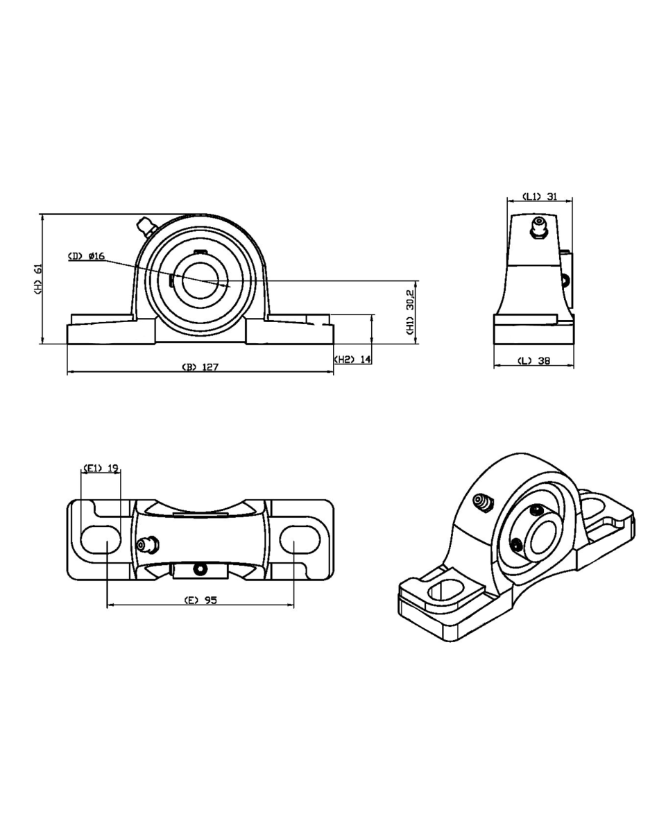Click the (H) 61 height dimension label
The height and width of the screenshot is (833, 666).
pyautogui.click(x=39, y=278)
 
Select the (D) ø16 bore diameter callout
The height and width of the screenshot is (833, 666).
pyautogui.click(x=86, y=256)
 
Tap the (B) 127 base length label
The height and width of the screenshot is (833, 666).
pyautogui.click(x=200, y=367)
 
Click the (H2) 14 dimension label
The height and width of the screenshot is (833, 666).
pyautogui.click(x=353, y=360)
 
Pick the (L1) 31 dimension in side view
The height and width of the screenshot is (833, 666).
pyautogui.click(x=540, y=196)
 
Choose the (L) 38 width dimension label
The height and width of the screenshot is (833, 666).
pyautogui.click(x=534, y=361)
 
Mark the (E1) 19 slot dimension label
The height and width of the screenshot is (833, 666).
pyautogui.click(x=101, y=468)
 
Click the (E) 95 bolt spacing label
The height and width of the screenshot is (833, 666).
pyautogui.click(x=200, y=600)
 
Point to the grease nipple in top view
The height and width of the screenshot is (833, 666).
pyautogui.click(x=146, y=544)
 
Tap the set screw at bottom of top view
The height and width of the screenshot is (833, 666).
pyautogui.click(x=200, y=570)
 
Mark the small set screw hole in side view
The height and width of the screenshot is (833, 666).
pyautogui.click(x=565, y=280)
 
